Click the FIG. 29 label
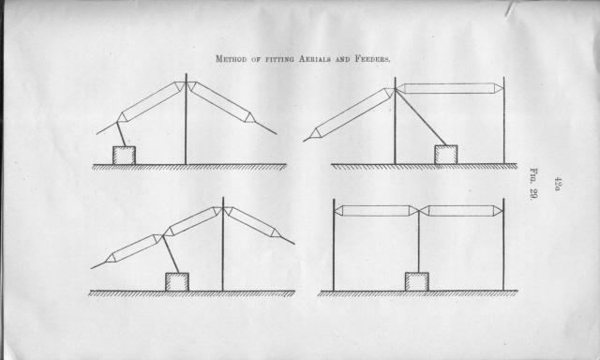tap(533, 184)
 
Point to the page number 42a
tap(558, 183)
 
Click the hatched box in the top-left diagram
tap(124, 156)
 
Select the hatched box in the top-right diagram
tap(446, 155)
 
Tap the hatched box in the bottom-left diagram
tap(177, 282)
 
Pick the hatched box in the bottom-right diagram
tap(416, 282)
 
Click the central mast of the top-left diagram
tap(186, 119)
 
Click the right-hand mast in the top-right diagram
tap(503, 121)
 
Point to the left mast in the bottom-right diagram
tap(334, 245)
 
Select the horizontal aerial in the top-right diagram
tap(448, 88)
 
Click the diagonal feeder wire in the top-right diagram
tap(421, 117)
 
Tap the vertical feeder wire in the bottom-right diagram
tap(419, 242)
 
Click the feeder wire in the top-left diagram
tap(121, 134)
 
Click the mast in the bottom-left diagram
tap(223, 244)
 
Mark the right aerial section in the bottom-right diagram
tap(461, 211)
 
